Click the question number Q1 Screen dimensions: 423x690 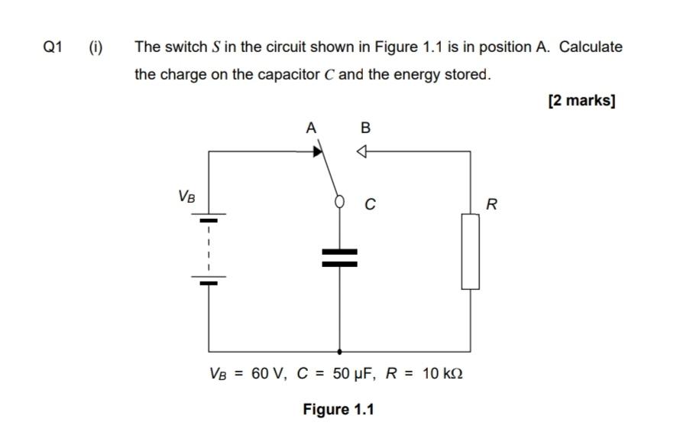coord(52,47)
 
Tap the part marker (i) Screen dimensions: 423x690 coord(96,47)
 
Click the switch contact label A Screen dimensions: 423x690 coord(310,128)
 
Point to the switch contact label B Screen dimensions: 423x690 coord(365,128)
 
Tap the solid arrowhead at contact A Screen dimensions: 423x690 coord(316,151)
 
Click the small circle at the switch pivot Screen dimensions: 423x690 coord(340,202)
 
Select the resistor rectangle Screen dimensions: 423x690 coord(470,252)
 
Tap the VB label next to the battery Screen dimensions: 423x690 coord(186,197)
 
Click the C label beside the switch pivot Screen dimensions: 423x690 coord(370,205)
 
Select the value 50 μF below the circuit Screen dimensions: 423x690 coord(351,374)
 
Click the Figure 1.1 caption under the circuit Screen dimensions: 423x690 coord(339,409)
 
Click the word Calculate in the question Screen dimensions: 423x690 coord(591,47)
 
